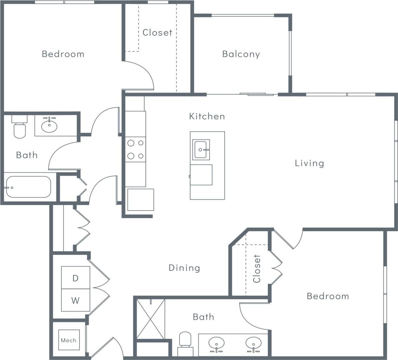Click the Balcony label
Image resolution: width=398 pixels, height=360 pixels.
click(241, 54)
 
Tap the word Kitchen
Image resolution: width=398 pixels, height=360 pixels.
click(207, 116)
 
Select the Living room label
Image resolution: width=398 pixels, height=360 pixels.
click(309, 163)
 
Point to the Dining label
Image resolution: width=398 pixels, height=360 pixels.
click(184, 268)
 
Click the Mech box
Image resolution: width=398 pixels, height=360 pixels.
click(69, 340)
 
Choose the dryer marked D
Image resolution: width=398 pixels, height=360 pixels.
click(76, 278)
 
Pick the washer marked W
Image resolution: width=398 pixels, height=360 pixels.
click(76, 300)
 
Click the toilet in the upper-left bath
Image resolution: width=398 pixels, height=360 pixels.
click(20, 128)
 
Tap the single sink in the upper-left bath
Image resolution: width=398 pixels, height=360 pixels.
click(50, 126)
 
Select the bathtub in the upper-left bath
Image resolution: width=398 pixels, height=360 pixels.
click(28, 187)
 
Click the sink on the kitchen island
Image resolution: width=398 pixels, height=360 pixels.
click(201, 150)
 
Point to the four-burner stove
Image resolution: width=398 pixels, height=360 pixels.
click(136, 149)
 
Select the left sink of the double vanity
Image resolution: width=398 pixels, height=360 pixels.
click(216, 343)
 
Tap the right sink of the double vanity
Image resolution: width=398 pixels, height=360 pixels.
click(254, 343)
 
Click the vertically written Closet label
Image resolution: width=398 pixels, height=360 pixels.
click(257, 269)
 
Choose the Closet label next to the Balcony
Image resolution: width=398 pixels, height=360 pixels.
click(157, 32)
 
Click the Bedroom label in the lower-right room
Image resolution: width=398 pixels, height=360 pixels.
click(328, 296)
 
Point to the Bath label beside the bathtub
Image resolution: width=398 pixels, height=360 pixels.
click(27, 155)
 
